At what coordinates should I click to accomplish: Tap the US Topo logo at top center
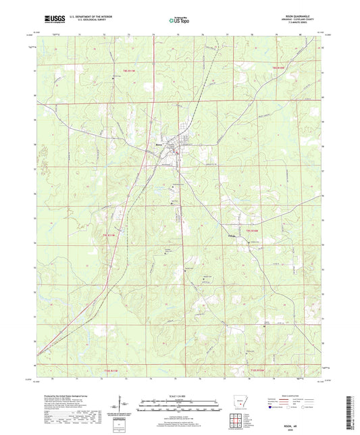pyautogui.click(x=178, y=20)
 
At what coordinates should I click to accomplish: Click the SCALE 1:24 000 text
pyautogui.click(x=179, y=396)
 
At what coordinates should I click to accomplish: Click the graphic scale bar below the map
pyautogui.click(x=179, y=407)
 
